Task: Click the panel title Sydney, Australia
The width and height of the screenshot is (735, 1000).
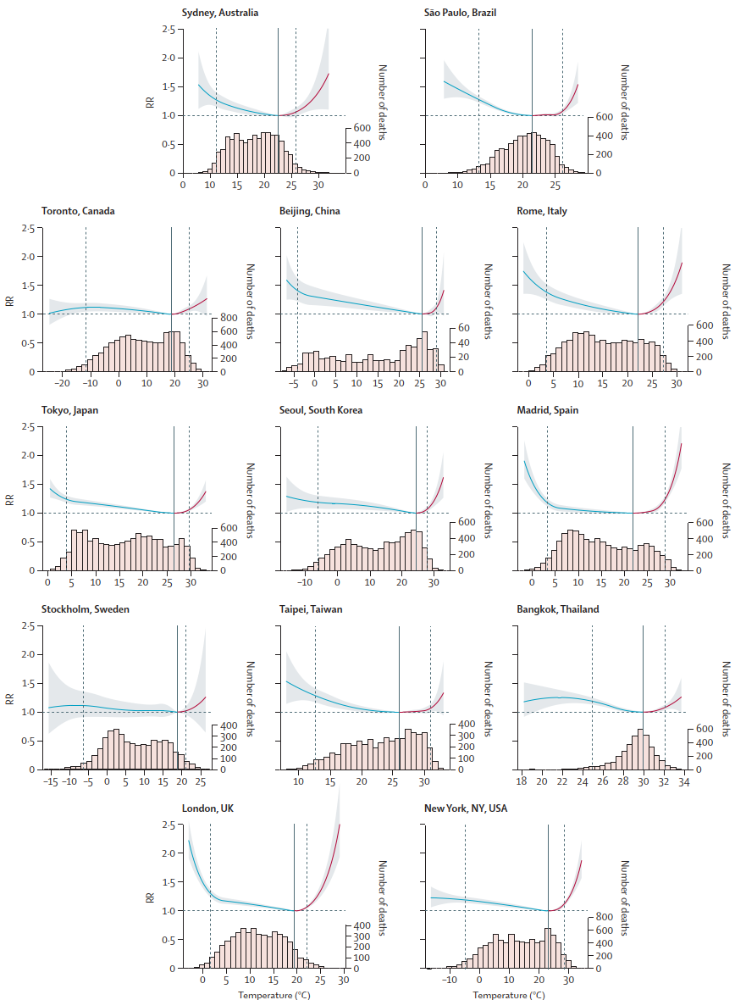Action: (x=220, y=12)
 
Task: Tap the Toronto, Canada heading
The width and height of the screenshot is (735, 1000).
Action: (x=78, y=211)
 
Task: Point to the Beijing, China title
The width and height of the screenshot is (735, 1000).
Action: (x=309, y=211)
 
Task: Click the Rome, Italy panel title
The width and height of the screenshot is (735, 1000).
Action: (x=542, y=211)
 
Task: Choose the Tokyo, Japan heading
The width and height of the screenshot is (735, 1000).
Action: (x=70, y=410)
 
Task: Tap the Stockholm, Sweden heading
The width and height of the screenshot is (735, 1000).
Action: (x=86, y=609)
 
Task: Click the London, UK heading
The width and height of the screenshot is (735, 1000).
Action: (x=209, y=808)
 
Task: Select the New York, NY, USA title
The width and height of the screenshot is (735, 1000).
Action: (x=467, y=808)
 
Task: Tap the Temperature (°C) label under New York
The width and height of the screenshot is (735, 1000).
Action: (x=509, y=993)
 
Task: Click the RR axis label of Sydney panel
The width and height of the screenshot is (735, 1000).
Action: (x=150, y=103)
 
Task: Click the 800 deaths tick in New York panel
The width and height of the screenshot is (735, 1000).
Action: (x=605, y=917)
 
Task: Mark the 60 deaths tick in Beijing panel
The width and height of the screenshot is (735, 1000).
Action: (x=463, y=328)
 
